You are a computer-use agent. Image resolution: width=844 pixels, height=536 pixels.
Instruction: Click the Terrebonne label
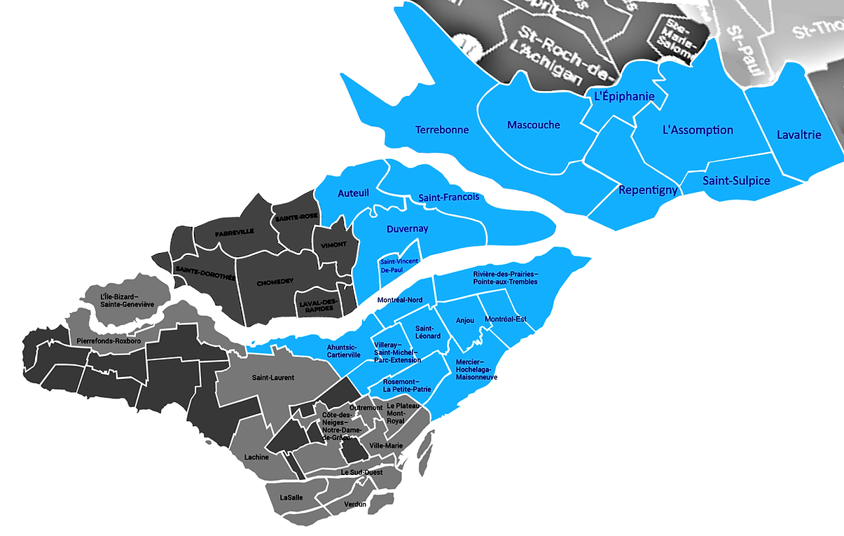point(442,130)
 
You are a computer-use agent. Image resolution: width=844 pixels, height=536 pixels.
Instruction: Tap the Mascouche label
point(534,125)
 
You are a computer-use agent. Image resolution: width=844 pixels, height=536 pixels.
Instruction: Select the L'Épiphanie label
point(624,97)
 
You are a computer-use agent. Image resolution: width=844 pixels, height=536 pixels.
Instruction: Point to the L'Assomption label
point(698,130)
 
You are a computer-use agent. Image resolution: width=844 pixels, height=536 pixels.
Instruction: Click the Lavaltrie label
point(799,135)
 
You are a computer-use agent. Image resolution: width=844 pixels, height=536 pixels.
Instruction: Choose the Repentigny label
point(648,190)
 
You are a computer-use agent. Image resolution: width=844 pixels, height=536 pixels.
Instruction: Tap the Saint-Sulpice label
point(736,181)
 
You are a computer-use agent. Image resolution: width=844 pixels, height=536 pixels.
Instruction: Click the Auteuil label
point(353,193)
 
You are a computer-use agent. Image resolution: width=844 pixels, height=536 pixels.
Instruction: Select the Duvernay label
point(407,228)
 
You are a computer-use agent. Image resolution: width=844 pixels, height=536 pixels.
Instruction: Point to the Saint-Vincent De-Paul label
point(399,265)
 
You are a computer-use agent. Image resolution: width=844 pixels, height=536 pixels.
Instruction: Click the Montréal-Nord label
point(400,300)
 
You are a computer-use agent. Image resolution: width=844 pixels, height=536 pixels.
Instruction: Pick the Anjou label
point(465,320)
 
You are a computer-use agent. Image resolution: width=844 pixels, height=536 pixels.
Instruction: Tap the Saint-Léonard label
point(428,332)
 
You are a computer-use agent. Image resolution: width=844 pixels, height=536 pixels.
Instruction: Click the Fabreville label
point(235,232)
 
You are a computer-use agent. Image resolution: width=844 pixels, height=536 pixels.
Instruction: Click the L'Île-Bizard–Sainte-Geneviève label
point(127,301)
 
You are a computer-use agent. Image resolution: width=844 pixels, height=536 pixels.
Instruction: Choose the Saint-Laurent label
point(272,378)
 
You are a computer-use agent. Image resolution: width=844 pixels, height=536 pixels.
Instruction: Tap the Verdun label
point(355,504)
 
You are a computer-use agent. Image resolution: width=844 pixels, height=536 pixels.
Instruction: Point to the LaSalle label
point(291,497)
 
